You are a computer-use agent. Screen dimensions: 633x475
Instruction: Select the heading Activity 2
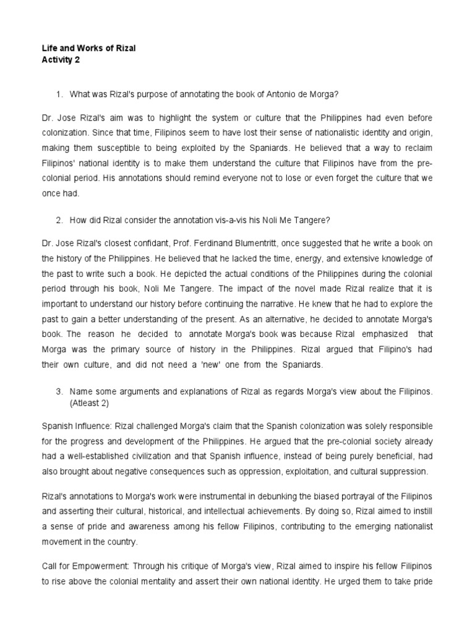(61, 60)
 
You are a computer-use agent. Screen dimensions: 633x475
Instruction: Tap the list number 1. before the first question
(59, 93)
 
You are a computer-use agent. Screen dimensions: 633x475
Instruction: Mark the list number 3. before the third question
(59, 392)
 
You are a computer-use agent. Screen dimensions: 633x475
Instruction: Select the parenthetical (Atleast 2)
(92, 403)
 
